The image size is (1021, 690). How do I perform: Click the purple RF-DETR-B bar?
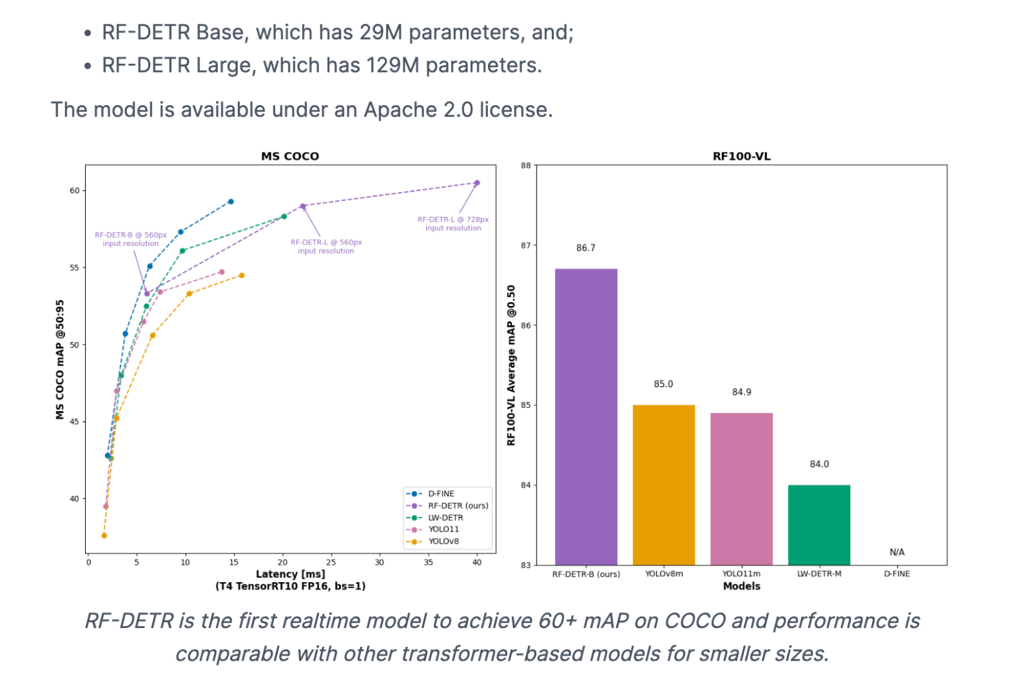coord(586,417)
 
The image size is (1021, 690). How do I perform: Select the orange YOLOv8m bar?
coord(663,484)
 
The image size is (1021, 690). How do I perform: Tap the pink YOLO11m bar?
coord(741,488)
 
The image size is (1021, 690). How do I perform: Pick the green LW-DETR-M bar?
coord(819,524)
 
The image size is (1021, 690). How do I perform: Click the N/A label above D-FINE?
coord(897,552)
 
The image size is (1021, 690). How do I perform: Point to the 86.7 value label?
coord(586,248)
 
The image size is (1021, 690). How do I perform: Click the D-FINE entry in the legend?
coord(441,494)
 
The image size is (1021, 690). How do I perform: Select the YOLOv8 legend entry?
coord(443,541)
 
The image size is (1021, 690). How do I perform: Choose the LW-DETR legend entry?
coord(445,518)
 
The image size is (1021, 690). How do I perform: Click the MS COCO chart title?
coord(290,156)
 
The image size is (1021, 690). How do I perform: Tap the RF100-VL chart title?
coord(741,156)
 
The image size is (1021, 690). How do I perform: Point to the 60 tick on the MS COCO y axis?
coord(74,191)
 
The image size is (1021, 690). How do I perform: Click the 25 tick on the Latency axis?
coord(331,562)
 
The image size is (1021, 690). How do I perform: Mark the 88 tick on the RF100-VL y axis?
coord(526,166)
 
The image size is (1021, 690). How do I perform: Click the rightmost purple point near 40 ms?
coord(477,183)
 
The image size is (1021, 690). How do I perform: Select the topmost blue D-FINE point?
coord(231,202)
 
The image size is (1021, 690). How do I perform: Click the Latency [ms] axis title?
coord(290,574)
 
